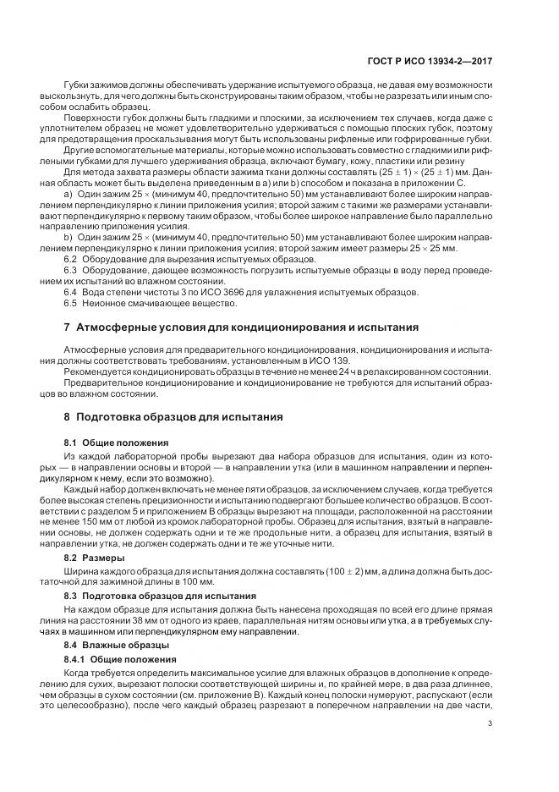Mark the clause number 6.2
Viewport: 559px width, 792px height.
point(72,258)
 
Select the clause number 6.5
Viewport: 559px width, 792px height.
point(72,302)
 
